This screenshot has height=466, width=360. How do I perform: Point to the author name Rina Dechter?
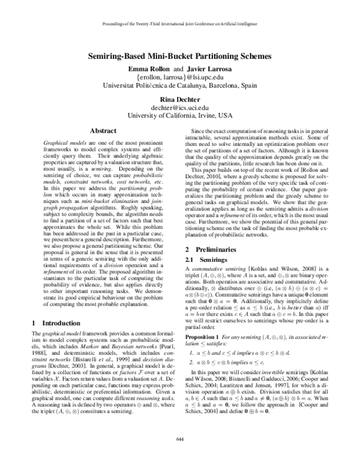[x=180, y=99]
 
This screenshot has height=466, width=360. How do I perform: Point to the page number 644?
[x=180, y=456]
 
